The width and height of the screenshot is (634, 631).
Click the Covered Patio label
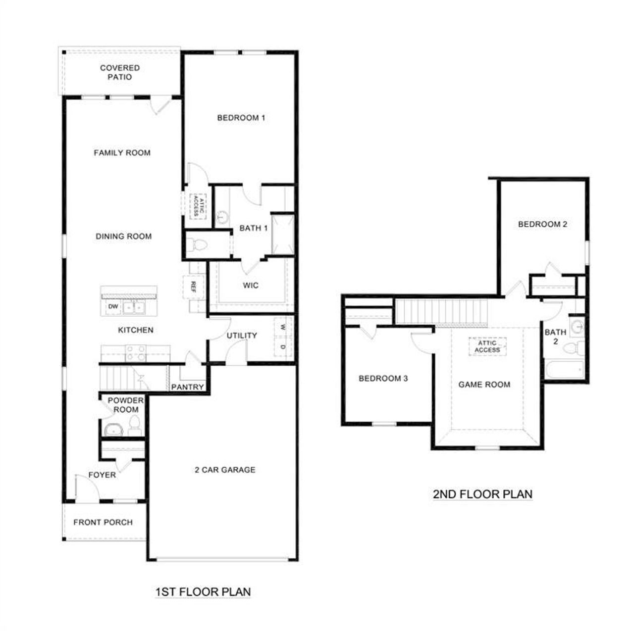[120, 72]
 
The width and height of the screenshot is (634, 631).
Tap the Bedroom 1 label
[241, 118]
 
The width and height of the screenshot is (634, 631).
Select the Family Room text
[122, 153]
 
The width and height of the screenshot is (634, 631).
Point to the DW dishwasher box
[113, 307]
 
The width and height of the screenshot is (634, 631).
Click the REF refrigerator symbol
[193, 287]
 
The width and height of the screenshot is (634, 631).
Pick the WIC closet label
[251, 286]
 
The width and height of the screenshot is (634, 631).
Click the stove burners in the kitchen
[136, 353]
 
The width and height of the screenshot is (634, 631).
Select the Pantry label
[187, 387]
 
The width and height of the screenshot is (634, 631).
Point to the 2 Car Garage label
[225, 470]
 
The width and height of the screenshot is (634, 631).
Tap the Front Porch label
[103, 522]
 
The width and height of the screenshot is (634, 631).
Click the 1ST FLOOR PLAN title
[203, 591]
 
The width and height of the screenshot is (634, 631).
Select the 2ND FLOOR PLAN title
[482, 494]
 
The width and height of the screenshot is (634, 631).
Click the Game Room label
[484, 385]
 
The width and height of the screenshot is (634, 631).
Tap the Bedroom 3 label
[383, 379]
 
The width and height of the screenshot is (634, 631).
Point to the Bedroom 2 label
[542, 224]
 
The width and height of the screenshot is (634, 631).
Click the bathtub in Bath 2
[564, 369]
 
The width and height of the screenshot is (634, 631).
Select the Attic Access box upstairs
[487, 346]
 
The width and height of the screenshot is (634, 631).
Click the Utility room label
[242, 336]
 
